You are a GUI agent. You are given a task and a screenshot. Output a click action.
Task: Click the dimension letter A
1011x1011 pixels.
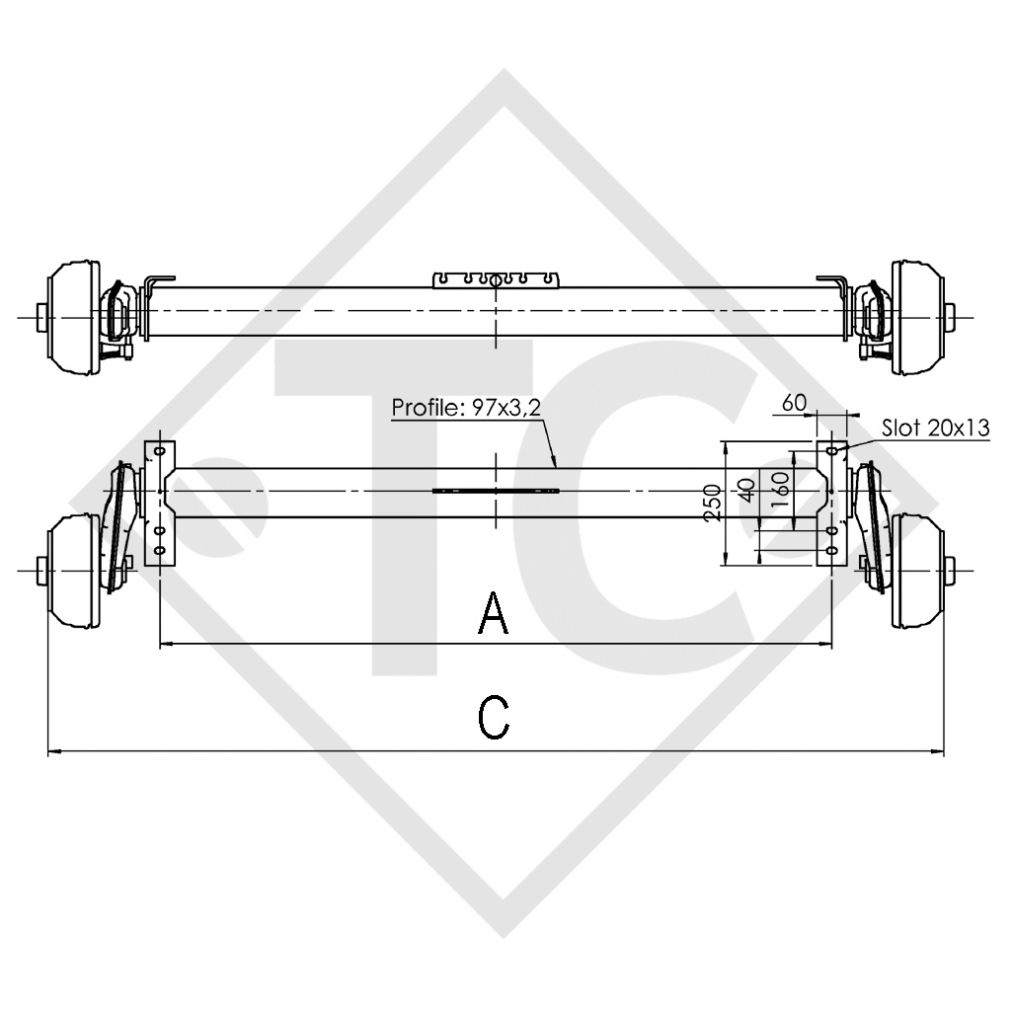coord(494,613)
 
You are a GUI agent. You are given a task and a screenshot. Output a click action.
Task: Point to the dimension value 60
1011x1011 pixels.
coord(794,402)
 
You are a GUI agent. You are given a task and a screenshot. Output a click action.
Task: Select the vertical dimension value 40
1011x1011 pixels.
coord(747,489)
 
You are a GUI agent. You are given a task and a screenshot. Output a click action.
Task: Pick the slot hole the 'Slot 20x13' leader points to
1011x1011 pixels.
coord(831,451)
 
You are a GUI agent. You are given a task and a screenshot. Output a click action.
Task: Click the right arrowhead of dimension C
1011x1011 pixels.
coord(939,752)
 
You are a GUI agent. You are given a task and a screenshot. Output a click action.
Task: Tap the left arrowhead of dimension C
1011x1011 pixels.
coord(52,752)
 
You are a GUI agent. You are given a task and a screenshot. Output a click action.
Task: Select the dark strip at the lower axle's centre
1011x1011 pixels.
coord(496,491)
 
